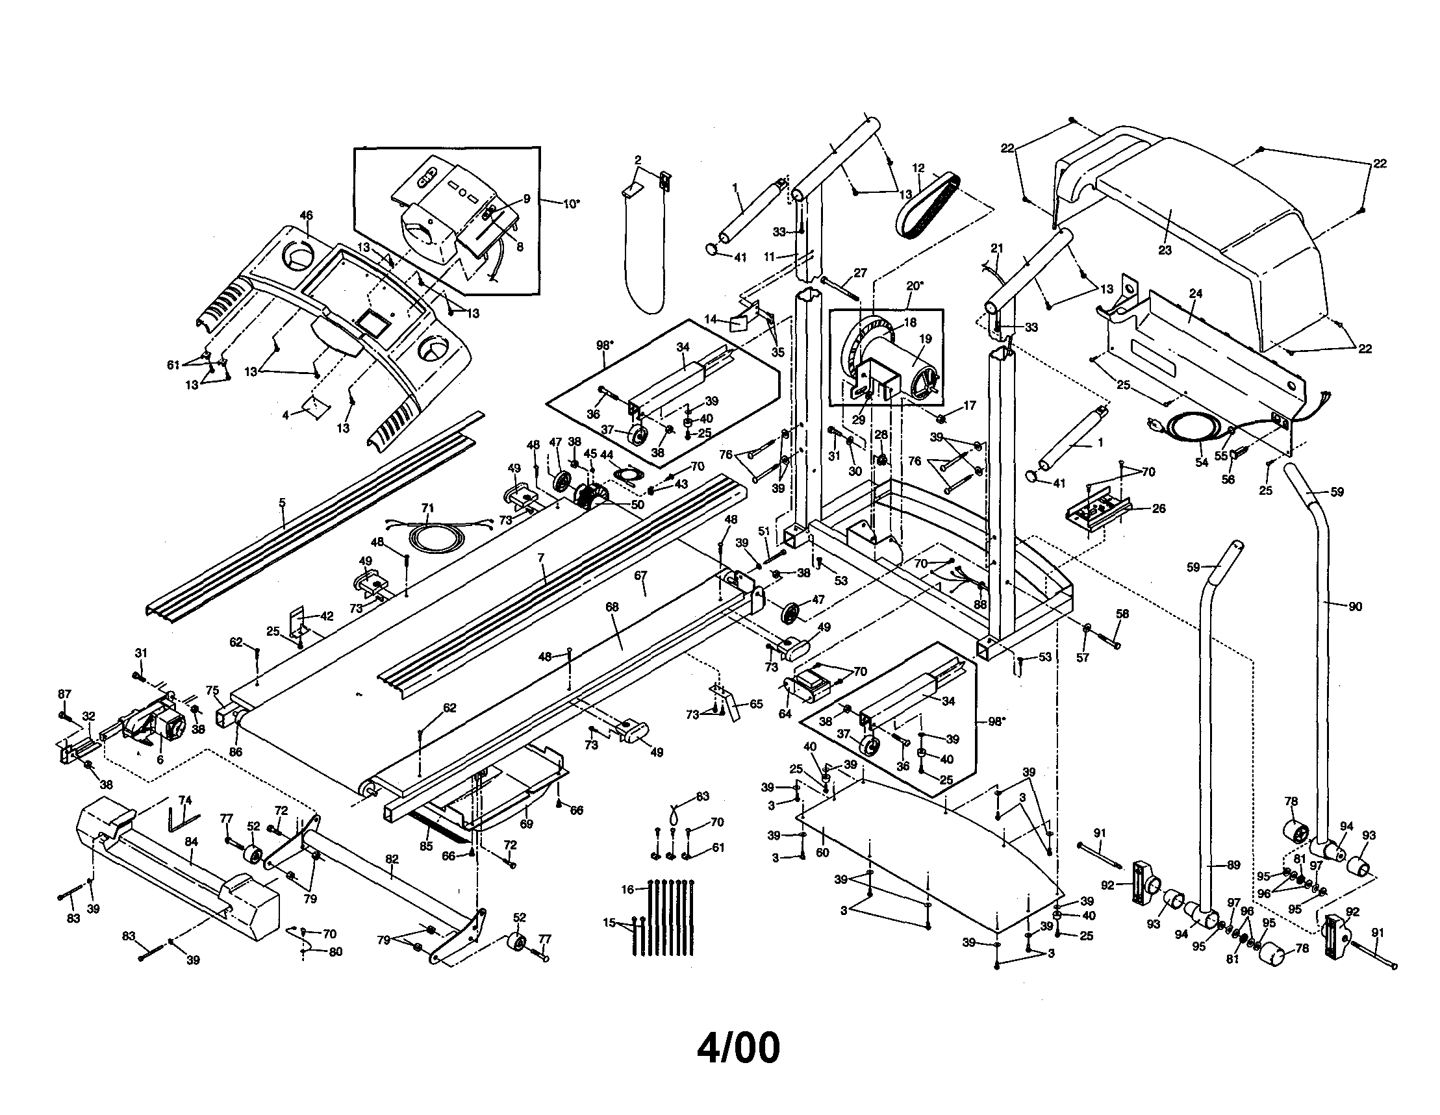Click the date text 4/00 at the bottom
click(x=738, y=1047)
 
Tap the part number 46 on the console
click(x=306, y=216)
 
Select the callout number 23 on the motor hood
click(x=1165, y=251)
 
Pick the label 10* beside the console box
click(x=571, y=204)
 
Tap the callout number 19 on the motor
click(x=925, y=339)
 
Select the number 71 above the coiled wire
click(x=428, y=508)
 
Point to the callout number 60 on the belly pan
click(x=822, y=853)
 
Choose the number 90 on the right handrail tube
click(x=1355, y=607)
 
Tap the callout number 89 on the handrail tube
click(x=1233, y=866)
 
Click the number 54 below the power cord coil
click(x=1202, y=463)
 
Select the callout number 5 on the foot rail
click(x=282, y=503)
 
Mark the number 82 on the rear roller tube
click(x=392, y=858)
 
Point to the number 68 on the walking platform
click(x=612, y=607)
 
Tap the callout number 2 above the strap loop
click(x=638, y=160)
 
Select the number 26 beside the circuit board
click(x=1159, y=508)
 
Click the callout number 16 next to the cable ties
click(x=627, y=890)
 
